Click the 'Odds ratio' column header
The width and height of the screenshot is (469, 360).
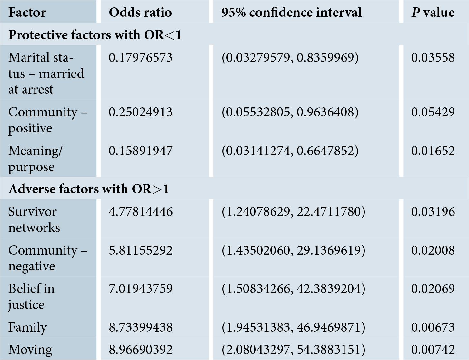[140, 12]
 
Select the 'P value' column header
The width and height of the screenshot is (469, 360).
[433, 12]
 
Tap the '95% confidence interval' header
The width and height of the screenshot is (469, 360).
[291, 12]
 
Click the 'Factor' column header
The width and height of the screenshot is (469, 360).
[27, 12]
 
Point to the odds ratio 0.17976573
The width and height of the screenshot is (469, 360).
[141, 58]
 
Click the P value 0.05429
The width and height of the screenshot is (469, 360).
[433, 112]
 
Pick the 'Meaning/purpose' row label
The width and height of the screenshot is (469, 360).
[35, 159]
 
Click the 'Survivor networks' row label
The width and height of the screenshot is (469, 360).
[34, 219]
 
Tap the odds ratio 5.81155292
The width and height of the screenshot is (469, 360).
[141, 250]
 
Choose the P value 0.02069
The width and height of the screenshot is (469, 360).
[433, 289]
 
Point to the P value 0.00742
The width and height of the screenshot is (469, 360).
[433, 349]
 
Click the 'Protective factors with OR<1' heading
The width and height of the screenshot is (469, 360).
[95, 35]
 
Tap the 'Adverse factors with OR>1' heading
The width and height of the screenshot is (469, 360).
[89, 189]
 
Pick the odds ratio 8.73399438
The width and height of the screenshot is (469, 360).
[141, 327]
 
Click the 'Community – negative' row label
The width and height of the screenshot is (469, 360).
[48, 258]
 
